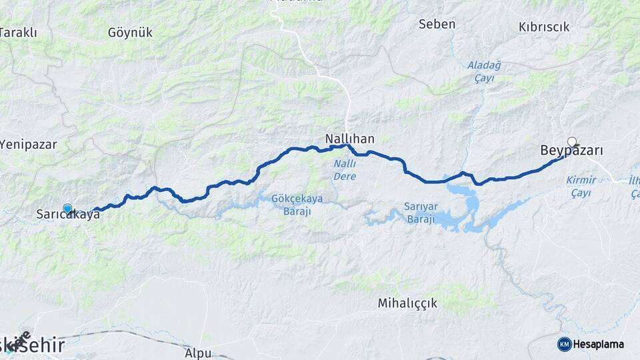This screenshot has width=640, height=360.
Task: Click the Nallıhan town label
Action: [x=349, y=139]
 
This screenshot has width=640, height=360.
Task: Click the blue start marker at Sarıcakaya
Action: [x=67, y=209]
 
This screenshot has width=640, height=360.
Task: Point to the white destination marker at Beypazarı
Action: [x=571, y=141]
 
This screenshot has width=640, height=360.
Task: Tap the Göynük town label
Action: [x=130, y=32]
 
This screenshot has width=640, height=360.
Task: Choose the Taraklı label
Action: [x=18, y=32]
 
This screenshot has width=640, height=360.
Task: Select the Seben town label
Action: [x=437, y=24]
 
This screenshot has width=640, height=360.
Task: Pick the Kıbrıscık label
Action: [x=544, y=27]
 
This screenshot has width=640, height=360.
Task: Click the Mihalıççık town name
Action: [x=407, y=303]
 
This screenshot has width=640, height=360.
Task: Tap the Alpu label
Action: [x=199, y=352]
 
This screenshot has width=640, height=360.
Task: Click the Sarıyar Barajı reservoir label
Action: [x=419, y=213]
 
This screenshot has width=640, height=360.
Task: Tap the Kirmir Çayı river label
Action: [x=581, y=186]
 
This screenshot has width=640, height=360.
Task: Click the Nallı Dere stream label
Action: [x=344, y=170]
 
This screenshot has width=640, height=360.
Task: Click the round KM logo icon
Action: [x=564, y=344]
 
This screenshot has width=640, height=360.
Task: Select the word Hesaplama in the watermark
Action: [x=599, y=344]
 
